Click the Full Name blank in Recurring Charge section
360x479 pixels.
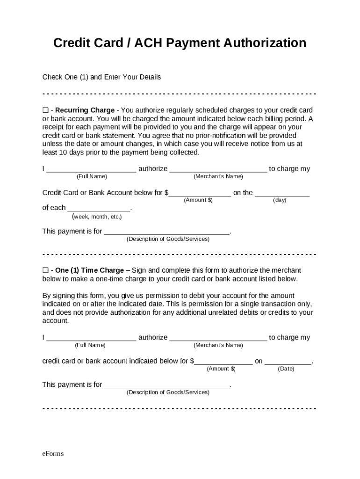pyautogui.click(x=91, y=169)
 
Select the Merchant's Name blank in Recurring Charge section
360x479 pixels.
pyautogui.click(x=218, y=169)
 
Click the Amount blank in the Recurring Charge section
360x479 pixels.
pyautogui.click(x=200, y=193)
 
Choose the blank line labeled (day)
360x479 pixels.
pyautogui.click(x=282, y=193)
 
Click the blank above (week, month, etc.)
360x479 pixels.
pyautogui.click(x=99, y=208)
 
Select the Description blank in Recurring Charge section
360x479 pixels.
pyautogui.click(x=167, y=232)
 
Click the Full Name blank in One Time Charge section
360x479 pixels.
pyautogui.click(x=91, y=338)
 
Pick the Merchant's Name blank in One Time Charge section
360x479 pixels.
pyautogui.click(x=218, y=338)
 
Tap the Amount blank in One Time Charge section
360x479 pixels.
pyautogui.click(x=223, y=362)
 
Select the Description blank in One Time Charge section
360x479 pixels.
pyautogui.click(x=167, y=385)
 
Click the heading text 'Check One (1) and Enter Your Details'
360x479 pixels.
pyautogui.click(x=101, y=77)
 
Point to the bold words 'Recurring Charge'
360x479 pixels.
pyautogui.click(x=85, y=110)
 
